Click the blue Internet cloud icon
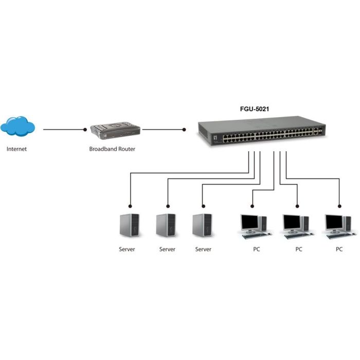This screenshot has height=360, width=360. click(x=18, y=127)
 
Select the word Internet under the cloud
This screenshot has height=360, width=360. click(x=16, y=150)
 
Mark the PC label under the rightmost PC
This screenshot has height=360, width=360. click(x=339, y=249)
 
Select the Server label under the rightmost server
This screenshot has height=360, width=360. click(x=204, y=249)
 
